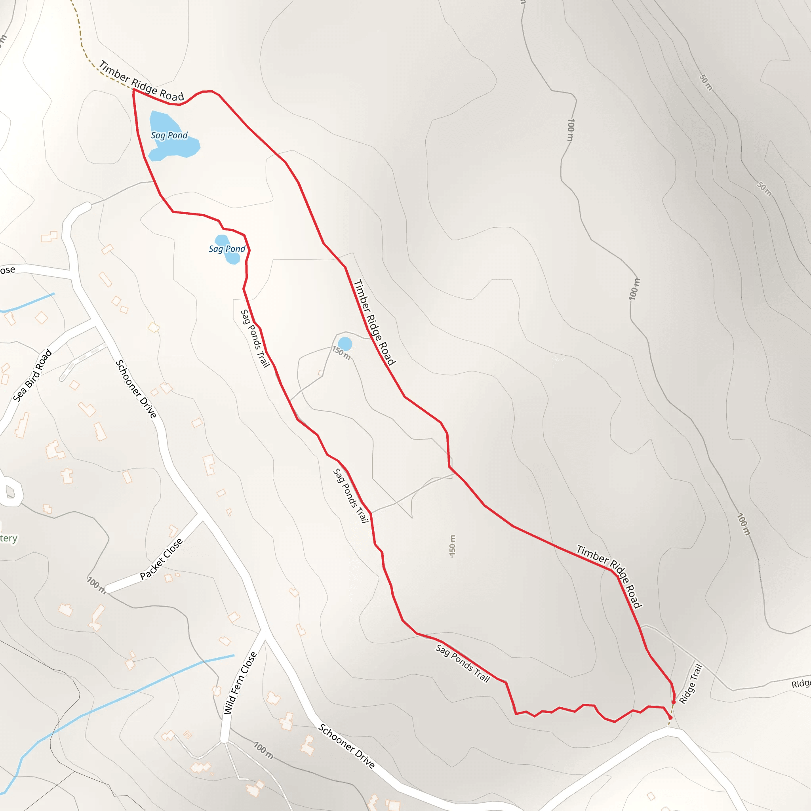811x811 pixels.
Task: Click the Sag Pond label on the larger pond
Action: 169,135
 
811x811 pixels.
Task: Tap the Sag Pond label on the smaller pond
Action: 227,249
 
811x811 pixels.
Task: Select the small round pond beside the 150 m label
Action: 345,344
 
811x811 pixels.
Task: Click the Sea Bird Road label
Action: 32,375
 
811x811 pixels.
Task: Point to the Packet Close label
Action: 161,559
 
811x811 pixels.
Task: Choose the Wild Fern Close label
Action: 240,683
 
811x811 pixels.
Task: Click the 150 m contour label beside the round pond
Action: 341,353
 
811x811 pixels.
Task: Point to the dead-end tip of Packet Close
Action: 108,589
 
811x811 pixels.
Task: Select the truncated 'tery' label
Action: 8,539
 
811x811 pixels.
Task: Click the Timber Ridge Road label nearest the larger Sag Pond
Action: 141,82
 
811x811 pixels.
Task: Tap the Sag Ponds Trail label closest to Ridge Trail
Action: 463,664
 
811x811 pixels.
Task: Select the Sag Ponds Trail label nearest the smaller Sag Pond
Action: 255,338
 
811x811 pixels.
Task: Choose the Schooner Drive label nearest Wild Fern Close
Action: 346,746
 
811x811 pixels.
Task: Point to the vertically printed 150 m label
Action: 452,546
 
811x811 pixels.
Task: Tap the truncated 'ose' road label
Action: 8,270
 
